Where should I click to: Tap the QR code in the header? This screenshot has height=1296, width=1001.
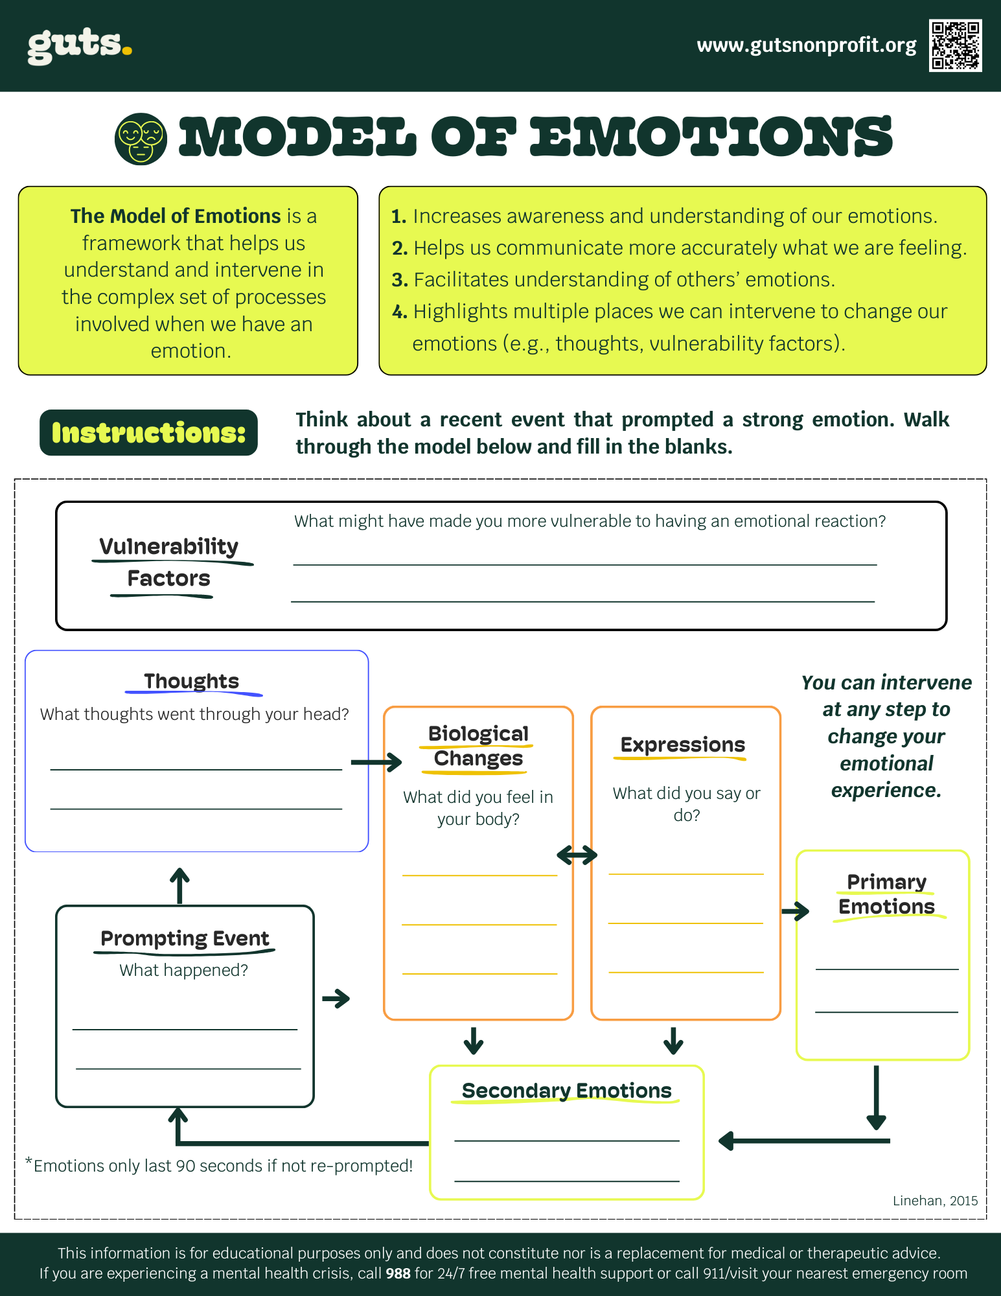pos(955,45)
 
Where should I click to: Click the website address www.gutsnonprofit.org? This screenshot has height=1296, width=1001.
pos(806,45)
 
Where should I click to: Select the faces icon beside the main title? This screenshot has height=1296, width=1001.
pos(141,139)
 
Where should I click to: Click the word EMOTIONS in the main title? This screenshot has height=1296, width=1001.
pos(711,137)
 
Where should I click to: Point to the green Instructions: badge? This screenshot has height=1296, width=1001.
pos(148,432)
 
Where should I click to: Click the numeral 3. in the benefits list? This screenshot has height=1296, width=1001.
pos(399,280)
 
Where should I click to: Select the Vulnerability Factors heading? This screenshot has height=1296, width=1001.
pos(168,562)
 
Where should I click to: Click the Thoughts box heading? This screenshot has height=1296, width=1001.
pos(191,681)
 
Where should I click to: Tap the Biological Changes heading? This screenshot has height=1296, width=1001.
pos(478,746)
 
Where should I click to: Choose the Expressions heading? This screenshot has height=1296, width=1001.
pos(683,745)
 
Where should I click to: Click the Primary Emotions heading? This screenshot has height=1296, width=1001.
pos(886,894)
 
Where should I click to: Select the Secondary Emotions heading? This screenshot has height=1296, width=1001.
pos(566,1091)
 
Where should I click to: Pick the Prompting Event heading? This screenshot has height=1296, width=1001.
pos(185,938)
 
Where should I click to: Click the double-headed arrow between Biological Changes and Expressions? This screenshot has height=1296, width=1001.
pos(577,855)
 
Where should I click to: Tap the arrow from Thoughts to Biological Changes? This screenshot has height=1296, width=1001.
pos(376,762)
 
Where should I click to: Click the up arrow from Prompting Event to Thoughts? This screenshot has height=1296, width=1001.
pos(179,886)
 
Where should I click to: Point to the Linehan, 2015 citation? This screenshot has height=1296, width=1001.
pos(935,1201)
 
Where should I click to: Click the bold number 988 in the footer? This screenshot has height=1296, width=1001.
pos(398,1273)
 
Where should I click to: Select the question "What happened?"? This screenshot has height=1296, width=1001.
pos(183,970)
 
